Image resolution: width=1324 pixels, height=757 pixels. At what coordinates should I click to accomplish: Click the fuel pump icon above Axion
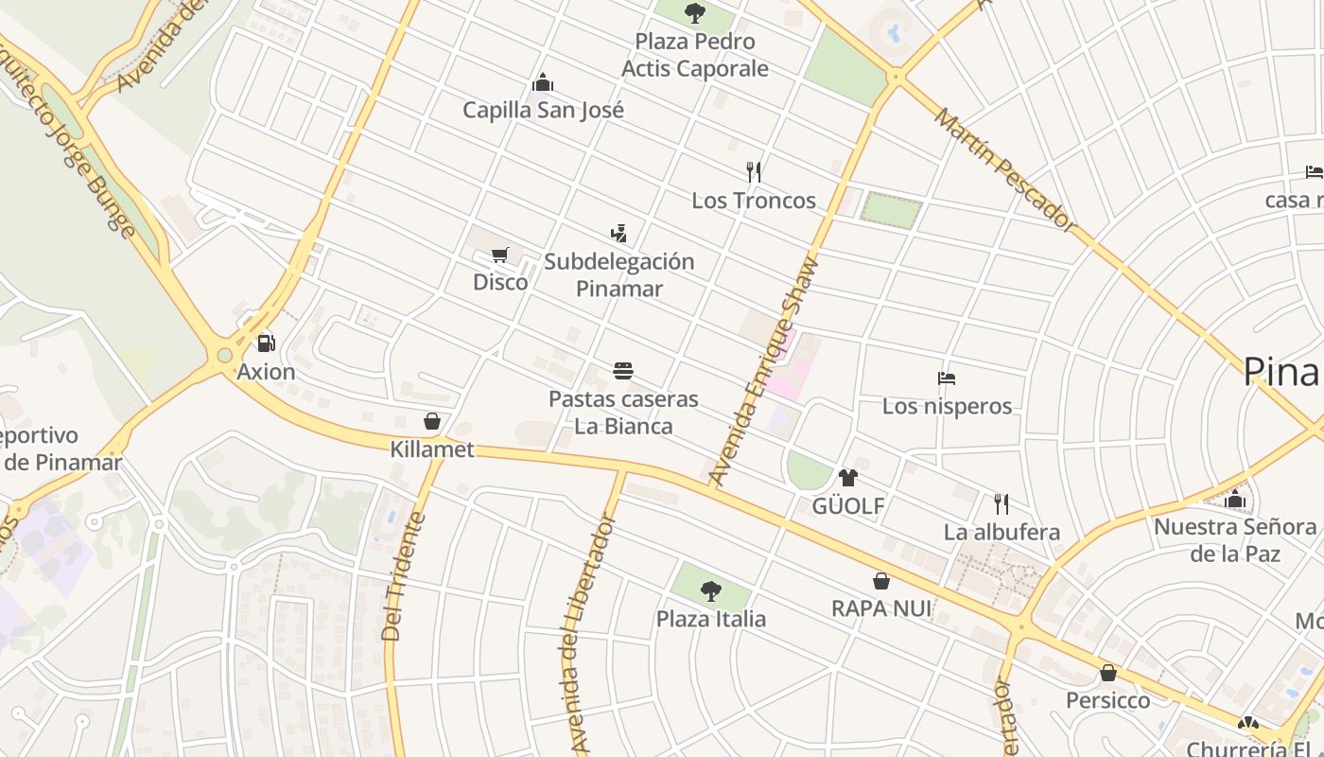coord(267,343)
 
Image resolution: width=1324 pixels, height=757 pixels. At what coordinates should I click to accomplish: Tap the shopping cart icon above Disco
coord(500,255)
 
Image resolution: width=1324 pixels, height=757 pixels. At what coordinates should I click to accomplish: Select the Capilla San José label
coord(543,110)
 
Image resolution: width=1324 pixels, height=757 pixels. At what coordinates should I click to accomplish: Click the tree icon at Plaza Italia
coord(711,592)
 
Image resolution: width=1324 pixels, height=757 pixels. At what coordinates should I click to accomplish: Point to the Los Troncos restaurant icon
coord(754,172)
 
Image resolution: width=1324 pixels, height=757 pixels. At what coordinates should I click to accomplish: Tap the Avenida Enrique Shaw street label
coord(764,371)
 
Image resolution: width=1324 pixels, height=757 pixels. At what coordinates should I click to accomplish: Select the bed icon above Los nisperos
coord(947,378)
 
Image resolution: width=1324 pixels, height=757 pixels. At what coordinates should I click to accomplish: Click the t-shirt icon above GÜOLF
coord(847,478)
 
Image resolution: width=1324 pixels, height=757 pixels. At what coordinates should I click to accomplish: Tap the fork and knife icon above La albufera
coord(1002,503)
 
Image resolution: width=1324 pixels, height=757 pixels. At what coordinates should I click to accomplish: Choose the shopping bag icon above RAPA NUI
coord(880,581)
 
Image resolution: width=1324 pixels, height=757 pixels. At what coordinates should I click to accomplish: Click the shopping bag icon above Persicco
coord(1107,673)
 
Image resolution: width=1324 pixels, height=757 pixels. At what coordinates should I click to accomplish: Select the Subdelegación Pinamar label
coord(618,275)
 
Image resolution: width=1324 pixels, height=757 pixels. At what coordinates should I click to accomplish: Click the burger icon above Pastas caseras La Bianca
coord(622,371)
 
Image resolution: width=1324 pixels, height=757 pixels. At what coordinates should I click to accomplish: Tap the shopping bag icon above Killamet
coord(432,421)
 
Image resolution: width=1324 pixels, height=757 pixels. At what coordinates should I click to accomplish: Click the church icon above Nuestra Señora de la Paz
coord(1234,499)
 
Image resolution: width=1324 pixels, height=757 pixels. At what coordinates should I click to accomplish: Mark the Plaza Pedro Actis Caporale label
coord(695,55)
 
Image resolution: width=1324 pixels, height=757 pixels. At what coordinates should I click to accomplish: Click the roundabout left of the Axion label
coord(225,356)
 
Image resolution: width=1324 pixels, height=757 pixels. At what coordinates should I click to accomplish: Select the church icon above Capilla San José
coord(543,82)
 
